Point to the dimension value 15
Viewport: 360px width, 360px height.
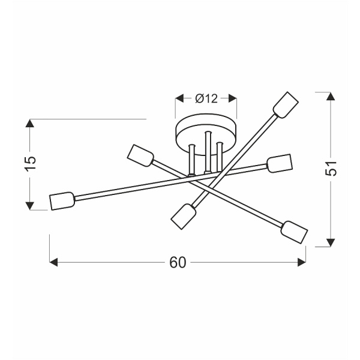pyautogui.click(x=31, y=162)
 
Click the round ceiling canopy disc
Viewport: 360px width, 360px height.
pyautogui.click(x=206, y=128)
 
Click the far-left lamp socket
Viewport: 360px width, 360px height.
pyautogui.click(x=61, y=201)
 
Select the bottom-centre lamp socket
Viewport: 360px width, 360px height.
pyautogui.click(x=184, y=215)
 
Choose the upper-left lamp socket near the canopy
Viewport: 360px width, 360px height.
pyautogui.click(x=141, y=155)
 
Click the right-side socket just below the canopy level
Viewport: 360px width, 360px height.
pyautogui.click(x=279, y=163)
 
